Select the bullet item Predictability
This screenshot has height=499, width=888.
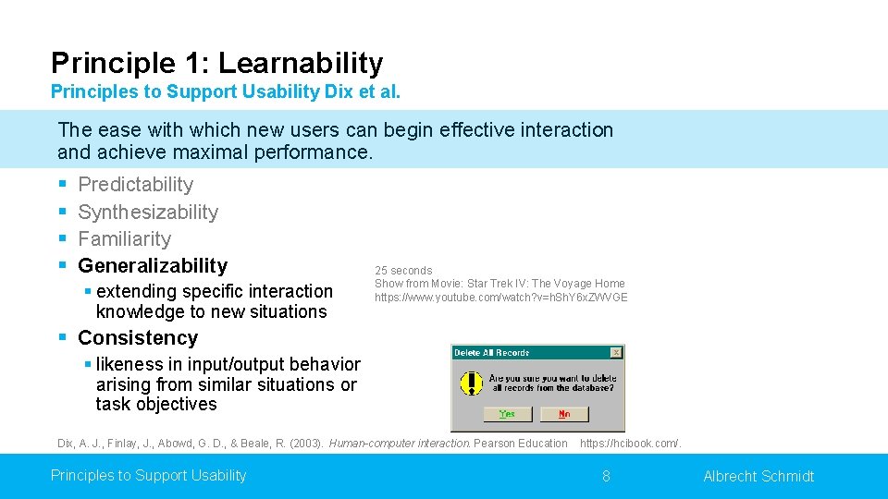(135, 185)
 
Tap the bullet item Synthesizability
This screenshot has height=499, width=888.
(148, 212)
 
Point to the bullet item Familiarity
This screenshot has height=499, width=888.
(124, 238)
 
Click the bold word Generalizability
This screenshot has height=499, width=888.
(152, 265)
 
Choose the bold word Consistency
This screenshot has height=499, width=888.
(138, 337)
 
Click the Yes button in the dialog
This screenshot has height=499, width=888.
(507, 414)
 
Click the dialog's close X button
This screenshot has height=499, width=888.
(616, 352)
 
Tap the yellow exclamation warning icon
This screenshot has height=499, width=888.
(472, 383)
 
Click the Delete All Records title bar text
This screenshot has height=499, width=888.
(492, 352)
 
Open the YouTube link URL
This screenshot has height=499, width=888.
(500, 298)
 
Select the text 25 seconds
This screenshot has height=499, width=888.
(403, 271)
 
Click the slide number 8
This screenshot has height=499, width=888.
(606, 476)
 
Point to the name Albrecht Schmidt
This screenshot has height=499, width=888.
(758, 476)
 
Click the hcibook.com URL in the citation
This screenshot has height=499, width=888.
(630, 444)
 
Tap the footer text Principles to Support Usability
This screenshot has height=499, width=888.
(148, 475)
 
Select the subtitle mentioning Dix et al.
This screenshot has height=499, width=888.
(226, 92)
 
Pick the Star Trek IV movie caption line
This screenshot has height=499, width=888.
(499, 284)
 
